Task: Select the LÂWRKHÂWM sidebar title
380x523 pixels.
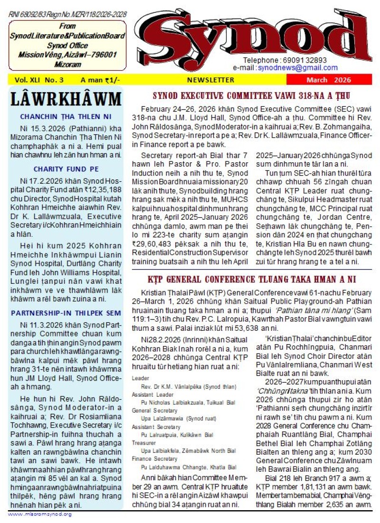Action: pos(66,100)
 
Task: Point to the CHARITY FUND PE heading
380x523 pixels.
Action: pos(66,169)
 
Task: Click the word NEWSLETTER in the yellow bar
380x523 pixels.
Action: pos(210,80)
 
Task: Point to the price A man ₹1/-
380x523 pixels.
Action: pos(100,80)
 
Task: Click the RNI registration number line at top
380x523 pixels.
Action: pos(67,15)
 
